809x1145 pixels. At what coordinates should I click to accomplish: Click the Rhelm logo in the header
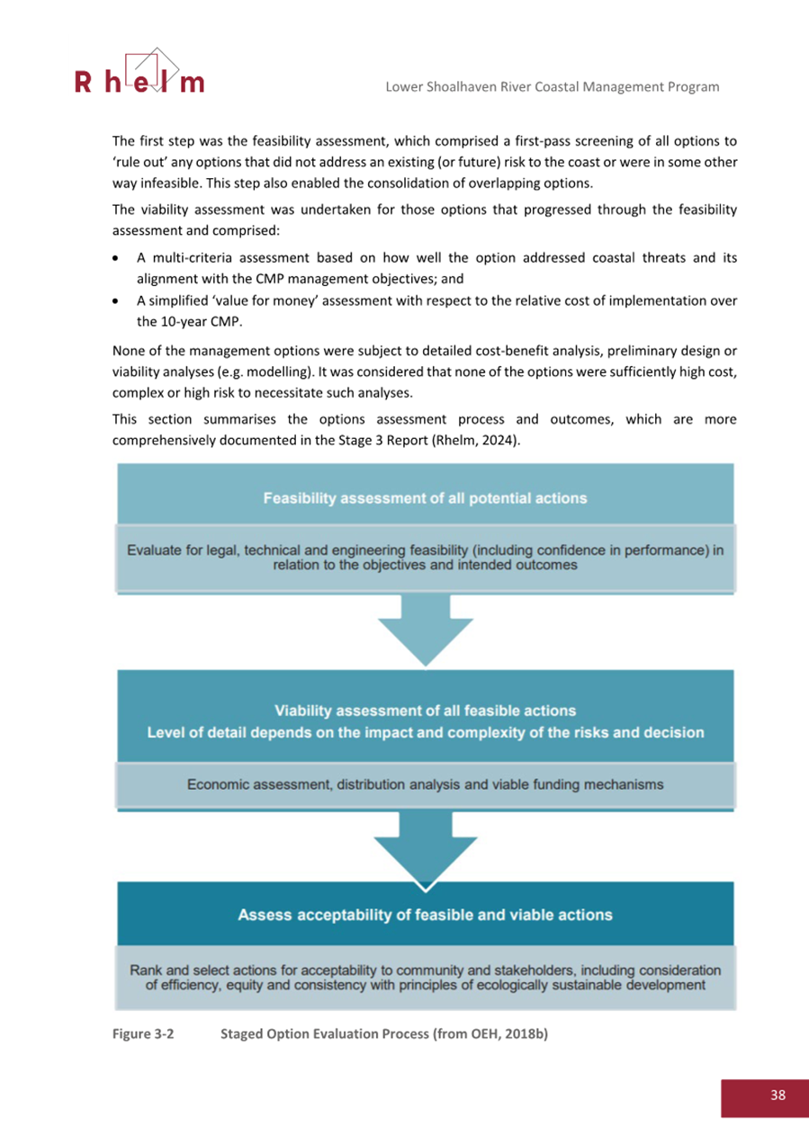tap(139, 74)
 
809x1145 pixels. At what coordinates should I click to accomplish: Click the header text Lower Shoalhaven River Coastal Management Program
tap(552, 86)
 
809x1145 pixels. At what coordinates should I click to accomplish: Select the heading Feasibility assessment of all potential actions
tap(425, 497)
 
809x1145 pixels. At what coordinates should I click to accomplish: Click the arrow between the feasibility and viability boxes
tap(425, 632)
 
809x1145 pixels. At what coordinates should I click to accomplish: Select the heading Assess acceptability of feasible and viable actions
tap(425, 915)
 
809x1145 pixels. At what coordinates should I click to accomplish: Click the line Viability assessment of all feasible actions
tap(425, 711)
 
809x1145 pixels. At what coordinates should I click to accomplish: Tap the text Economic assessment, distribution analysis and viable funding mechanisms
tap(425, 784)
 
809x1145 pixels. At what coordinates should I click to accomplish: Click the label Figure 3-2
tap(142, 1034)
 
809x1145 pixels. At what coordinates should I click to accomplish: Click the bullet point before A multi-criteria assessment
tap(119, 258)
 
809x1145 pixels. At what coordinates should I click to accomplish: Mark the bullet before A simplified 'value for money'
tap(119, 301)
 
